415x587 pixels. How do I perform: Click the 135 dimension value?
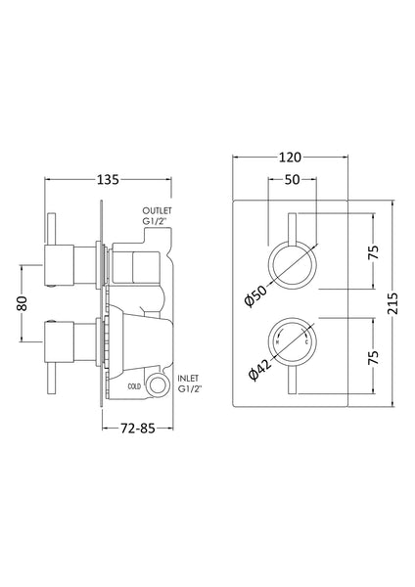click(x=108, y=179)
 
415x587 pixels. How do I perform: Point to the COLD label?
click(x=136, y=386)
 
